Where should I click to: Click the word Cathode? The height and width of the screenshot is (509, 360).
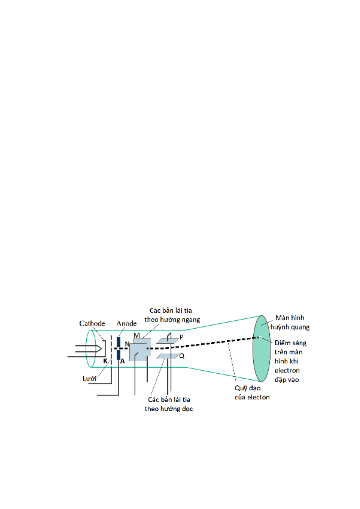point(92,323)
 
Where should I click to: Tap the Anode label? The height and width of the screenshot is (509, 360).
point(127,323)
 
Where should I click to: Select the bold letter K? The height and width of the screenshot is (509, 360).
point(105,361)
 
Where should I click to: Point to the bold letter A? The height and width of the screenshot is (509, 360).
point(122,361)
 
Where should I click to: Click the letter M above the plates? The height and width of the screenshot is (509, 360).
point(137,335)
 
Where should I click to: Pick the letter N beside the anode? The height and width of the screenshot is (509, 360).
point(127,344)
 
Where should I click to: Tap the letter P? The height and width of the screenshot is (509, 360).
point(182,337)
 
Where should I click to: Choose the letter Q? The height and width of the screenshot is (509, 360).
point(182,356)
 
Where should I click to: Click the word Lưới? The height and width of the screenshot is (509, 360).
point(89,379)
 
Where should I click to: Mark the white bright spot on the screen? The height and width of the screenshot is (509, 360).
point(260,337)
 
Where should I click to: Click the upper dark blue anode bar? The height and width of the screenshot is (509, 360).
point(118,342)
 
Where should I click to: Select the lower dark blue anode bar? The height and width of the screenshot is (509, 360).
point(118,355)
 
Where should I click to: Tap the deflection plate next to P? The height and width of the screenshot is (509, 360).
point(168,341)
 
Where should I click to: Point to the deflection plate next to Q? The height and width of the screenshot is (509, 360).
point(168,356)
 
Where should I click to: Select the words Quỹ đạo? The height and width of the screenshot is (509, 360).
point(248,388)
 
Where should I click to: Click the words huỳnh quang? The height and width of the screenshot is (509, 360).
point(290,327)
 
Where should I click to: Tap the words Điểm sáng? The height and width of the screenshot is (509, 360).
point(291,343)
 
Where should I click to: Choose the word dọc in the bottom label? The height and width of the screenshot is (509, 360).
point(188,409)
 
